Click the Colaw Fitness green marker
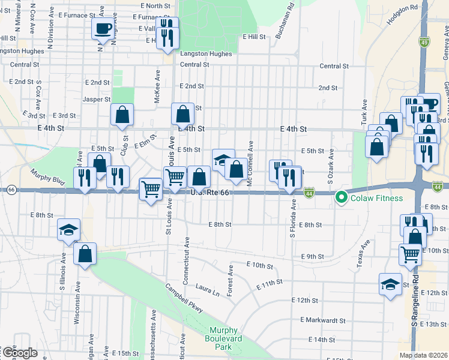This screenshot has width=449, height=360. [342, 196]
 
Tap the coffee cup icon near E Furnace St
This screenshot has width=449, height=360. [102, 28]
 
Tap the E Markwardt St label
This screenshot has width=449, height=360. [322, 320]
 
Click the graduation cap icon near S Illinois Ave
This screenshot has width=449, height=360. [68, 230]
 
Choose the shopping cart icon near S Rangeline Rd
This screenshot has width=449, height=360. [410, 253]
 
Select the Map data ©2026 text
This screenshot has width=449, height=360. [423, 355]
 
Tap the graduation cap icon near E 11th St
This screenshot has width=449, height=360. [390, 283]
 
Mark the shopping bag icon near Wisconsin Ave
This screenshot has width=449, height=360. [85, 253]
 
